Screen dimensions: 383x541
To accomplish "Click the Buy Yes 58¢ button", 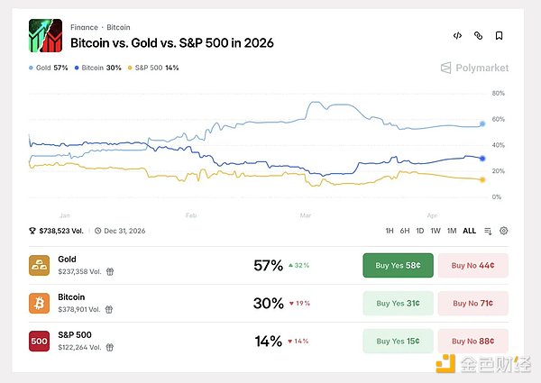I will point(398,265).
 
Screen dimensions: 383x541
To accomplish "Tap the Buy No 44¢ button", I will point(472,265).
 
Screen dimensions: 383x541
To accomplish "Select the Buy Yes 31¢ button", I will point(398,303).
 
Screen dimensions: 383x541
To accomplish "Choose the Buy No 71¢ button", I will point(472,303).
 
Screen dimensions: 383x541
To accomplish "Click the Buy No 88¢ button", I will point(472,341).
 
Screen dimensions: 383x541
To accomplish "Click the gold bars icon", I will point(40,265).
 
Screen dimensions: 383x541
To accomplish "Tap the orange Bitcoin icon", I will point(40,303).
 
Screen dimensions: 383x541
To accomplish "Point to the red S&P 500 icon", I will point(40,341).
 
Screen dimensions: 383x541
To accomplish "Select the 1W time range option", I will point(436,231).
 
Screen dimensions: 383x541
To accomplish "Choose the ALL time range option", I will point(469,231).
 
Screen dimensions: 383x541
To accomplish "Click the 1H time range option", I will point(390,231).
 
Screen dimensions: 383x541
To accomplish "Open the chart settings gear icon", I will point(504,231).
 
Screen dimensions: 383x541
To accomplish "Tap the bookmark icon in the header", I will point(500,36).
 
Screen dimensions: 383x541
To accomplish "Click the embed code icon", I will point(457,36).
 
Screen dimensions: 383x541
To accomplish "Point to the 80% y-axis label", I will point(498,93).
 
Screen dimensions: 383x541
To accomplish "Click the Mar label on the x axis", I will point(305,216).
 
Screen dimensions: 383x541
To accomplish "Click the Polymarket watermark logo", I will point(474,68).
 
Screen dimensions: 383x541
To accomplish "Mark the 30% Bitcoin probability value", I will point(268,303).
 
